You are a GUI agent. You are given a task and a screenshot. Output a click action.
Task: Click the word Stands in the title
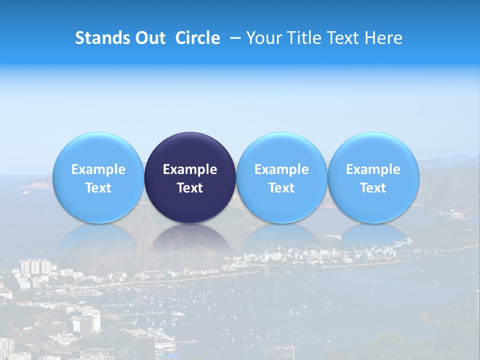tap(99, 38)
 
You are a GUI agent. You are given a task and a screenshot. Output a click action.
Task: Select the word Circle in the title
tap(197, 38)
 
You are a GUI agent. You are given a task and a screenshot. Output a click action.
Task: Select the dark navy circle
tap(190, 150)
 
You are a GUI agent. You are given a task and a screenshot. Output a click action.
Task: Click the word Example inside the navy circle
tap(190, 169)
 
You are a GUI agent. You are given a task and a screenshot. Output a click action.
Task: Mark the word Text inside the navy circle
tap(190, 188)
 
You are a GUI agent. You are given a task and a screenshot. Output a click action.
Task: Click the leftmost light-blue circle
tap(98, 150)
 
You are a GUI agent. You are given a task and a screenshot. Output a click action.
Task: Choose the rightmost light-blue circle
tap(373, 150)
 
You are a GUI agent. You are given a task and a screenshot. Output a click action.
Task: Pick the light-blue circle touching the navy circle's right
tap(281, 150)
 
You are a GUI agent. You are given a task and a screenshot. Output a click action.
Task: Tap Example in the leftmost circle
tap(98, 169)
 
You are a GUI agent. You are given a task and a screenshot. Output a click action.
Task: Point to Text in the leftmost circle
tap(98, 188)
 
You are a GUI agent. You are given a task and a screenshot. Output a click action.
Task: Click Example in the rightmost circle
tap(373, 169)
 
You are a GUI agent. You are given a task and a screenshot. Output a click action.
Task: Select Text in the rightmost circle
tap(373, 188)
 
